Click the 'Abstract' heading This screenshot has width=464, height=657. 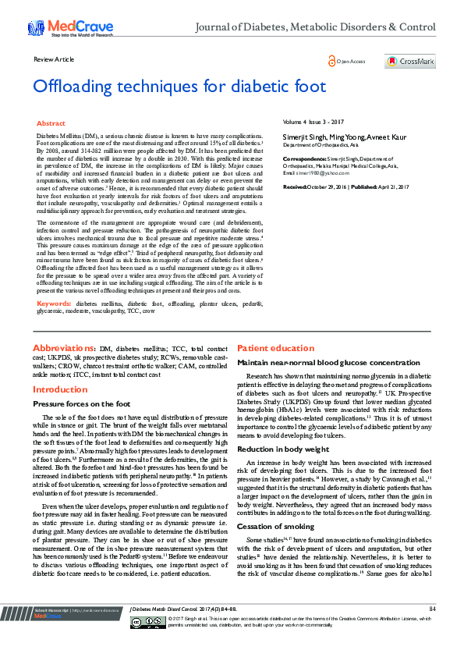point(51,123)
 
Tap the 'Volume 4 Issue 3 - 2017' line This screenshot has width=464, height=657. point(312,123)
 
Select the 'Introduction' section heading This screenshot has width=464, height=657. point(60,389)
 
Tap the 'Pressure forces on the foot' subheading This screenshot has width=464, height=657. point(81,404)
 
